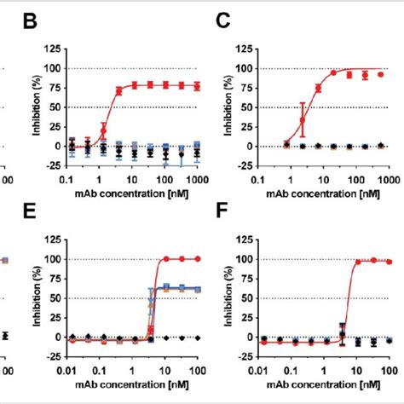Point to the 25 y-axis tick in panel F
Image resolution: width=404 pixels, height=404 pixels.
point(245,317)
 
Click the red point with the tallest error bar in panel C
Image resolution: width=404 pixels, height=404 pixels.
point(303,119)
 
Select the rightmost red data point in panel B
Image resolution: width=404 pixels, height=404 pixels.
point(198,86)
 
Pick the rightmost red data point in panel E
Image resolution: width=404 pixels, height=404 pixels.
point(198,258)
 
